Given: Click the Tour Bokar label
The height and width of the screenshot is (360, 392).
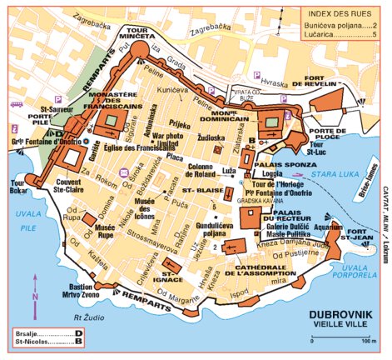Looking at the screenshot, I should tap(14, 186).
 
